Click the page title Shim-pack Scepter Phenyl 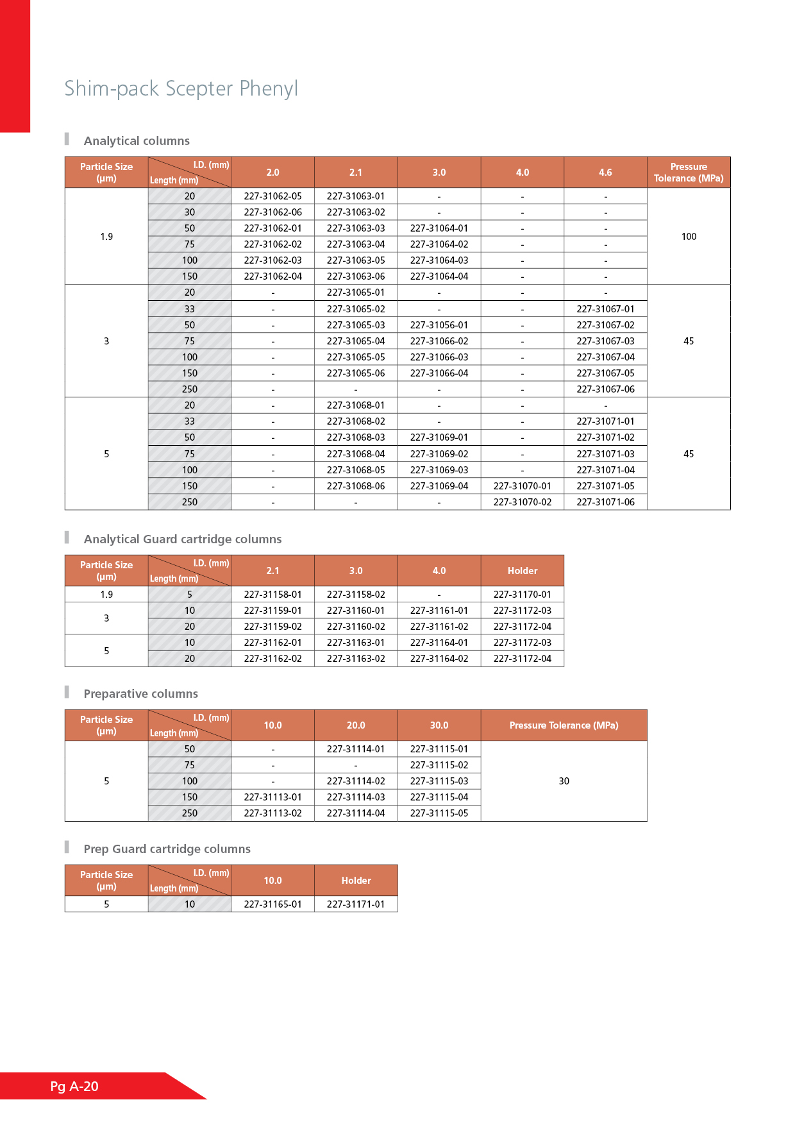pyautogui.click(x=181, y=89)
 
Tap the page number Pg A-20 pyautogui.click(x=74, y=1086)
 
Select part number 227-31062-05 pyautogui.click(x=272, y=196)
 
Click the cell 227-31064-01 pyautogui.click(x=439, y=228)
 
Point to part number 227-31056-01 pyautogui.click(x=439, y=325)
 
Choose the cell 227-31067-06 pyautogui.click(x=605, y=389)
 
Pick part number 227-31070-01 pyautogui.click(x=522, y=486)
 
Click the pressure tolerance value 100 pyautogui.click(x=689, y=237)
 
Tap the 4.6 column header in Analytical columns pyautogui.click(x=605, y=173)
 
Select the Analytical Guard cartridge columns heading pyautogui.click(x=183, y=539)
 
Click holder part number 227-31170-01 pyautogui.click(x=522, y=595)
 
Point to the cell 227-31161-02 pyautogui.click(x=439, y=627)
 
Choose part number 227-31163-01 pyautogui.click(x=356, y=643)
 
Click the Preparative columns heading pyautogui.click(x=140, y=694)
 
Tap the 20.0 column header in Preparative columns pyautogui.click(x=356, y=725)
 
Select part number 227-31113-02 pyautogui.click(x=272, y=813)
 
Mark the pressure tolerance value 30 pyautogui.click(x=564, y=781)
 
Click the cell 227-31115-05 pyautogui.click(x=439, y=813)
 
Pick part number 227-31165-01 pyautogui.click(x=272, y=904)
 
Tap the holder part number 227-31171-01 pyautogui.click(x=356, y=904)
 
